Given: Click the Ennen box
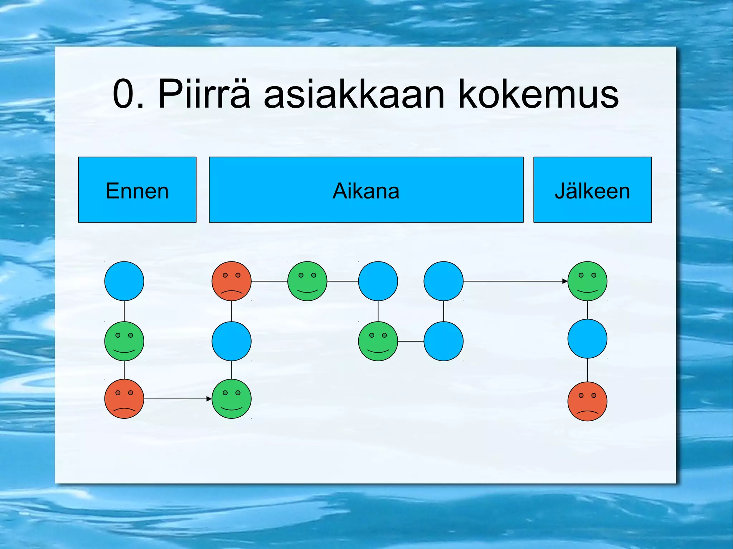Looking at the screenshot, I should coord(137,190).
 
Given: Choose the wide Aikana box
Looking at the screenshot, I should coord(366,190).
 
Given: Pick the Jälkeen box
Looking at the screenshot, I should coord(592,190).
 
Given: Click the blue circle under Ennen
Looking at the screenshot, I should coord(124,281).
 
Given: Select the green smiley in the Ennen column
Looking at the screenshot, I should coord(124,341).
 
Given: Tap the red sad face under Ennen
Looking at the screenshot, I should coord(124,398).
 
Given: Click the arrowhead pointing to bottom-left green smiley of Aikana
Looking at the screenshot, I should coord(209,398).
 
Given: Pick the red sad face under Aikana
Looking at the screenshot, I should coord(232,281).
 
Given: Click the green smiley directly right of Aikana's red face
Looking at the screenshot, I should coord(307,281).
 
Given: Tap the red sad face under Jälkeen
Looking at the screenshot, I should coord(587,401).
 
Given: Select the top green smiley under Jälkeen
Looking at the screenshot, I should coord(587,281).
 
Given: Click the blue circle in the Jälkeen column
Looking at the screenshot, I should coord(587,339).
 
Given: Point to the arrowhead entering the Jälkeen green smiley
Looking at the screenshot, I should coord(565,281).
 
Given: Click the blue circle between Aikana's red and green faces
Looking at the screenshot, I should coord(232,341).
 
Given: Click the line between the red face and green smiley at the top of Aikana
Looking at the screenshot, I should coord(269,281).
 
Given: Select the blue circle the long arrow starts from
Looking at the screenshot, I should coord(443,281).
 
